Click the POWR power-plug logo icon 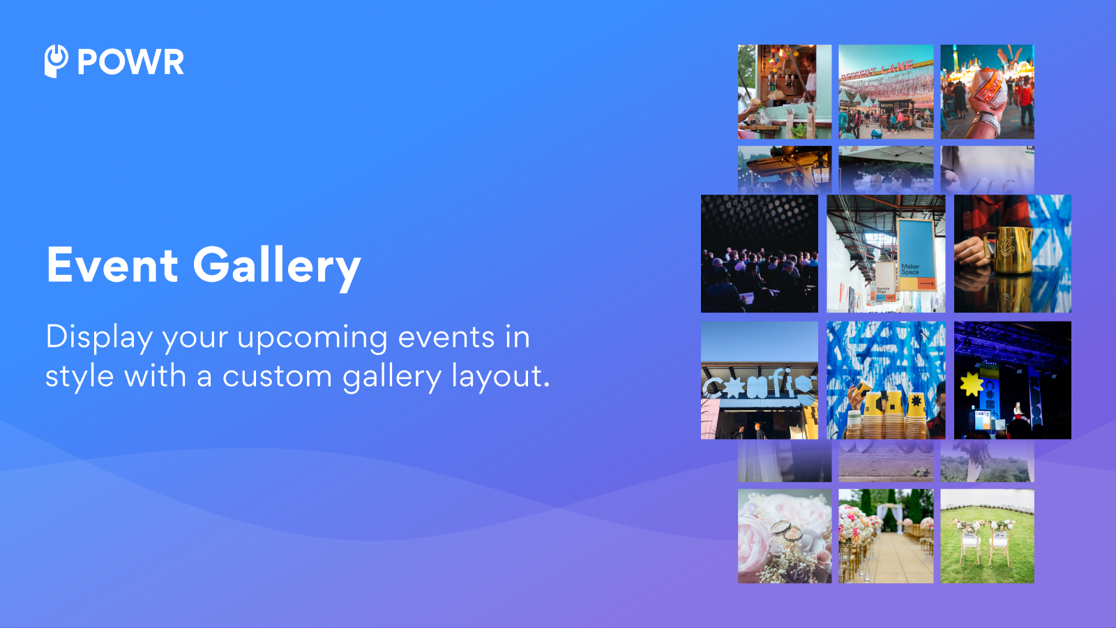point(56,61)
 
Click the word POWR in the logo point(130,62)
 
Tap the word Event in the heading point(112,265)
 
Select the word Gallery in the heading point(276,267)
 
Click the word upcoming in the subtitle point(312,338)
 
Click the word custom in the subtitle point(277,377)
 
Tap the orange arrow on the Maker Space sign point(926,283)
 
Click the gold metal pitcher point(1006,250)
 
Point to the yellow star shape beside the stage point(971,384)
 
